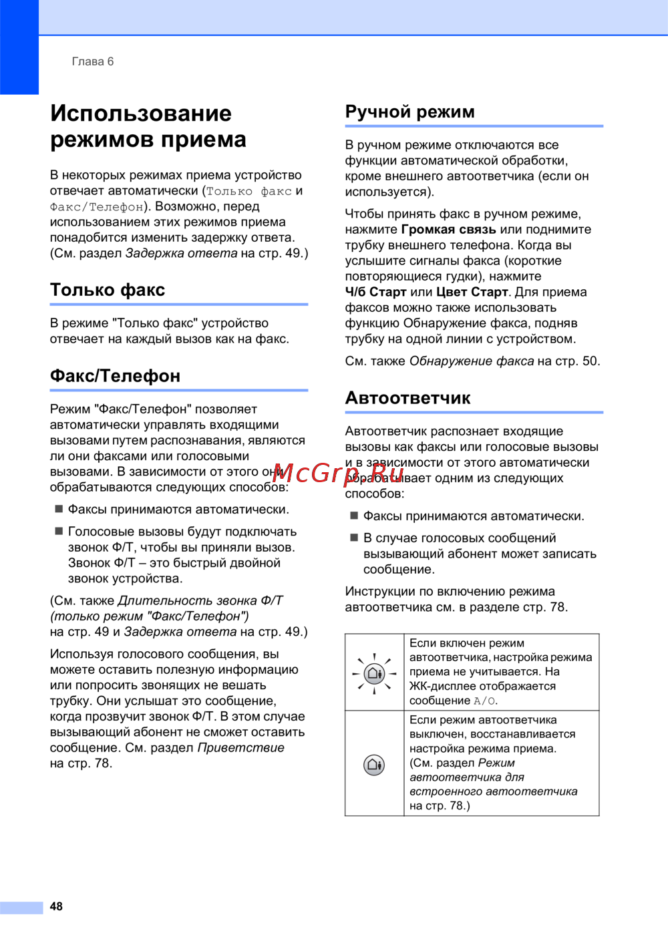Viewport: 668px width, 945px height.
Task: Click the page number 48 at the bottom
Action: (x=56, y=906)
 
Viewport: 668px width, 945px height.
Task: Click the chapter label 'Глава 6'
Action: (x=93, y=61)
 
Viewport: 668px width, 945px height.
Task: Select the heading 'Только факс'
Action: (x=108, y=290)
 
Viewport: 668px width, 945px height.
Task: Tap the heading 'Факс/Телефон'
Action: (x=115, y=376)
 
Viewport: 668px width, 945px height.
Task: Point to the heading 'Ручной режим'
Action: (x=409, y=112)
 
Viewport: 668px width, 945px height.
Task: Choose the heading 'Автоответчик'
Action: (x=407, y=398)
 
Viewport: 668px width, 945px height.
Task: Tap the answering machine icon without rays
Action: (x=375, y=764)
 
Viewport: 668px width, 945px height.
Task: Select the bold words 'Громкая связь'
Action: (x=448, y=230)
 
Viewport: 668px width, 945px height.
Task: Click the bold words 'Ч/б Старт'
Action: (x=375, y=292)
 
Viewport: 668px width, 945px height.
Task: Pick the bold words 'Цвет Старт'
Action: (x=472, y=292)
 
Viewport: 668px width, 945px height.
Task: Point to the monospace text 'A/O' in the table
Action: (x=484, y=701)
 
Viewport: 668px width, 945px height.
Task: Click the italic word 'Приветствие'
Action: (x=240, y=747)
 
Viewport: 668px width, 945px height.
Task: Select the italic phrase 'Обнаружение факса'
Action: (x=471, y=361)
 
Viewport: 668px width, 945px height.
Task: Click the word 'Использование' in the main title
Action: (x=141, y=113)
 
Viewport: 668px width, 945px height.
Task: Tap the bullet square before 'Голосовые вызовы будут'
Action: (x=59, y=532)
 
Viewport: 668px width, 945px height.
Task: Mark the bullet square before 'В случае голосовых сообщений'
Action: (x=354, y=538)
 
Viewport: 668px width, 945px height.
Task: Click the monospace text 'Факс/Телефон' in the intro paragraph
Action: (x=97, y=207)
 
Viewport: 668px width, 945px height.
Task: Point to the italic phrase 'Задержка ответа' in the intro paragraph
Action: (x=181, y=253)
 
